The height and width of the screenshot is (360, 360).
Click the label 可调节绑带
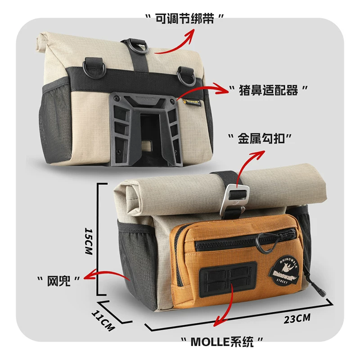[x=184, y=18]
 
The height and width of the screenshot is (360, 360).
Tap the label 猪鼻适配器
[x=268, y=90]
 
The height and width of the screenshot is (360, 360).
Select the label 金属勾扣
[x=261, y=139]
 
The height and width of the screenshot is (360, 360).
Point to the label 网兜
[x=58, y=280]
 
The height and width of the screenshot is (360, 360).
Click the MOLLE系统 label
[x=222, y=342]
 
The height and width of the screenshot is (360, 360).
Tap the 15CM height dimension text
[x=89, y=241]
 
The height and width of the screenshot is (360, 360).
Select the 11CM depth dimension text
[x=103, y=321]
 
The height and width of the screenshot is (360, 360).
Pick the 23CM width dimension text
[x=297, y=319]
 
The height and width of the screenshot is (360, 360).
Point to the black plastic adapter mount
[x=144, y=129]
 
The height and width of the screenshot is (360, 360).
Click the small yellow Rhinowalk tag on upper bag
[x=193, y=103]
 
